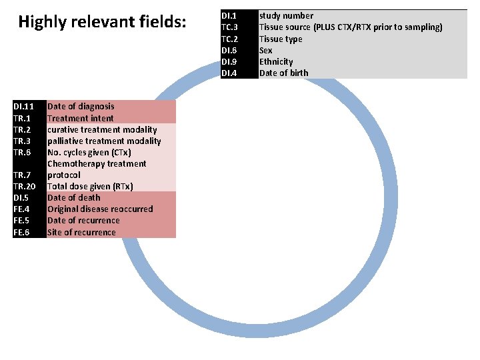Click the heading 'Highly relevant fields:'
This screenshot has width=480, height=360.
coord(103,23)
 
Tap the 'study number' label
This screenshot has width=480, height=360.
coord(286,15)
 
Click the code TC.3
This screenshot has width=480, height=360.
coord(229,27)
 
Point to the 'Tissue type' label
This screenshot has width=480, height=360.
coord(281,39)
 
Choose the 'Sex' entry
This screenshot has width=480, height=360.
coord(266,50)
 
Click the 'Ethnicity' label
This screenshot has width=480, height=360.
coord(276,61)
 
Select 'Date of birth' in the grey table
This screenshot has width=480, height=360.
coord(284,73)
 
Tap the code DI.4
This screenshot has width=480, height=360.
coord(229,73)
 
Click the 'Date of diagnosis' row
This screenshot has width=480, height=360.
coord(81,106)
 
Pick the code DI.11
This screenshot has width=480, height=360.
coord(24,106)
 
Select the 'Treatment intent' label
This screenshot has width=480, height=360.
coord(81,118)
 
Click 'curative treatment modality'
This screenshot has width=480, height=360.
coord(102,129)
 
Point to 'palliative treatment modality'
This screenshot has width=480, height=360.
coord(104,141)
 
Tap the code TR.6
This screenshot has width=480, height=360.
coord(22,152)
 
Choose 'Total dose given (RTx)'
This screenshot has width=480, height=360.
coord(90,186)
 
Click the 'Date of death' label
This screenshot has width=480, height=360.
coord(74,197)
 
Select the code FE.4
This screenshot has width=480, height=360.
coord(21,209)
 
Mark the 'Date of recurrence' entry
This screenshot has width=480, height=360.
coord(83,220)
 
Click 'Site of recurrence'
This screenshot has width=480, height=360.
coord(81,232)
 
